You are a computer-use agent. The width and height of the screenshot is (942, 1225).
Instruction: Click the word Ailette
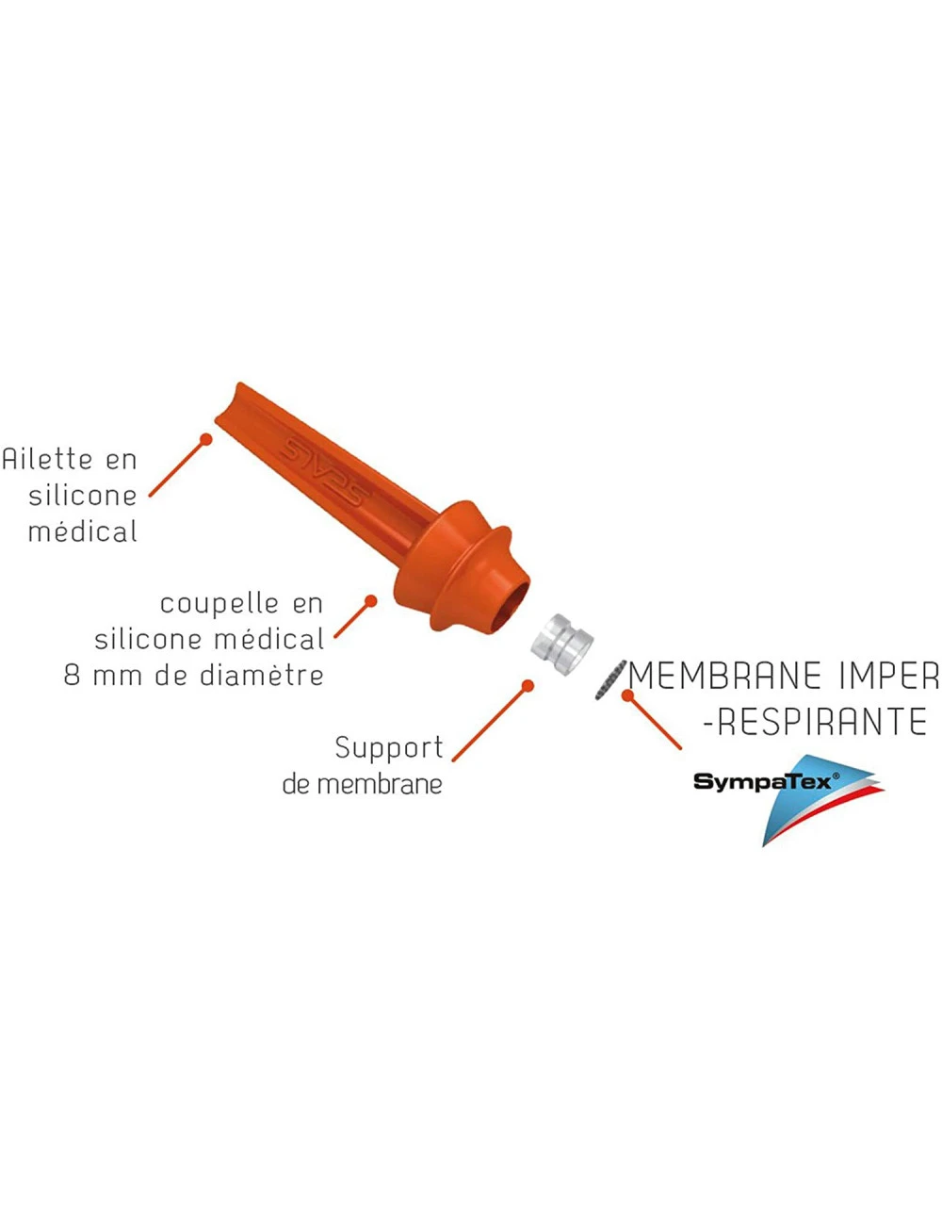(x=48, y=459)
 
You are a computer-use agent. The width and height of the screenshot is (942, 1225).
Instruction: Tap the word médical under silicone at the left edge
(x=82, y=531)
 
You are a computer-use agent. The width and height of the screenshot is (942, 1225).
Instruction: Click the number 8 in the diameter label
(x=72, y=676)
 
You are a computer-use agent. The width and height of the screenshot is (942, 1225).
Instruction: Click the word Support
(x=388, y=747)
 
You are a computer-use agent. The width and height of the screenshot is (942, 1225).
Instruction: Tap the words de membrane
(x=362, y=784)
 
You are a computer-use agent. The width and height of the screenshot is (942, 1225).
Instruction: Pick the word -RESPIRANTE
(x=816, y=723)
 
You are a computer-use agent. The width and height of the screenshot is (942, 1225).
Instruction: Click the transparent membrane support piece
(x=561, y=642)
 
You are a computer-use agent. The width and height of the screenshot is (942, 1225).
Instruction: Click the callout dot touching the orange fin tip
(x=205, y=438)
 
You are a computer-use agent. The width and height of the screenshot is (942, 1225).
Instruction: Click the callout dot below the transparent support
(x=528, y=686)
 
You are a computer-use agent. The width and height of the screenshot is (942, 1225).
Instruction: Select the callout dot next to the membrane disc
(x=628, y=695)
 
